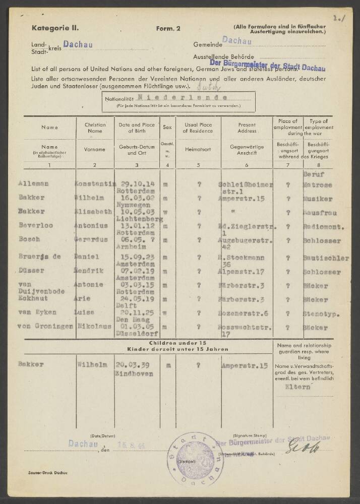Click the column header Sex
click(167, 128)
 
